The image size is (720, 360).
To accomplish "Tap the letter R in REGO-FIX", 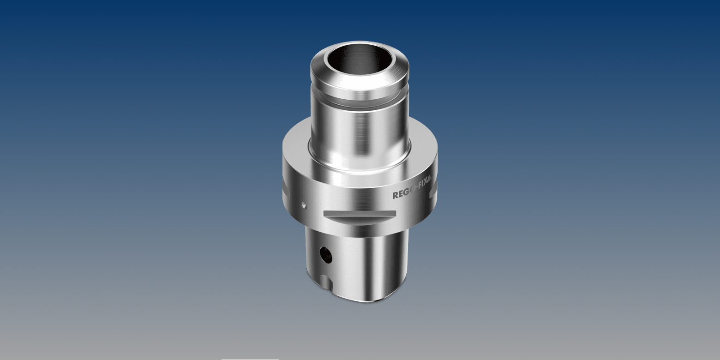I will [395, 195].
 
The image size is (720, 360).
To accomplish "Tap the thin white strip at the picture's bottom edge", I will [250, 359].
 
